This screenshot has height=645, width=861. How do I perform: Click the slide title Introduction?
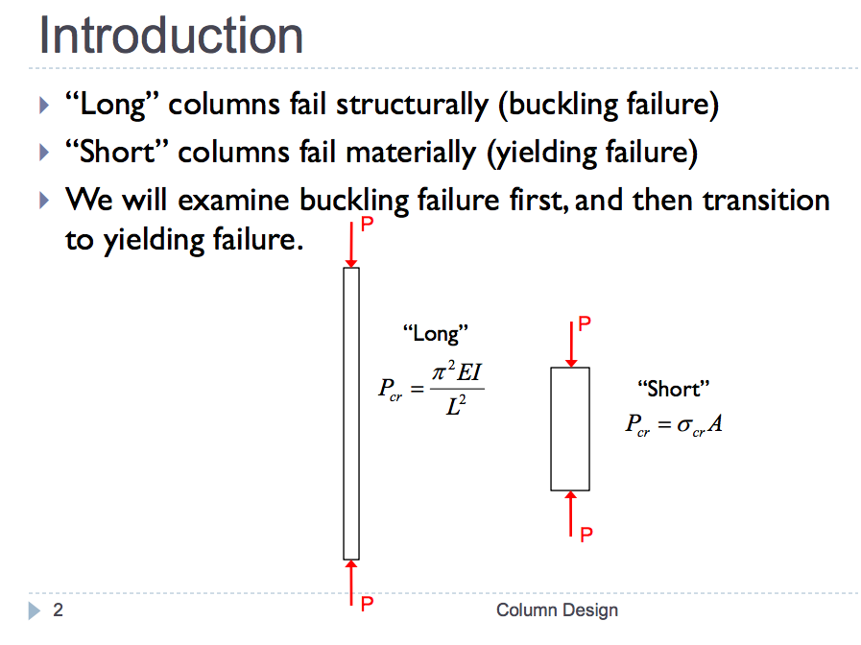pos(171,36)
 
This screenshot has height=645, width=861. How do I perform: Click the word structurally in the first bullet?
pos(412,105)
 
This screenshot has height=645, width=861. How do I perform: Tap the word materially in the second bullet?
pos(411,153)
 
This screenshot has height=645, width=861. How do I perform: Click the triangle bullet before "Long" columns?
pos(44,105)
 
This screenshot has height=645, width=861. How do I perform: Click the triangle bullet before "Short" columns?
pos(44,152)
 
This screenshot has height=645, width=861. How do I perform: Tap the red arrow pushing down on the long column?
pos(351,245)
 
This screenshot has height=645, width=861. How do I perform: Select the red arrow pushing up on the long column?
pos(351,583)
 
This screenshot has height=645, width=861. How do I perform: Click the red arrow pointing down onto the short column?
pos(571,345)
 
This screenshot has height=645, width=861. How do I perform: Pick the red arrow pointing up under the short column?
pos(571,514)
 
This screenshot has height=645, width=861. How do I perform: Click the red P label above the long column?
pos(368,224)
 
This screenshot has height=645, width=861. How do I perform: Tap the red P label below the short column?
pos(586,534)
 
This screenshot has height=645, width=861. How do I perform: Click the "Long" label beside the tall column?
pos(436,334)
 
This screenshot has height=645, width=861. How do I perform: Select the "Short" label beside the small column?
pos(673,389)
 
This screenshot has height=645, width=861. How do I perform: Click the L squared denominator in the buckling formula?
pos(456,406)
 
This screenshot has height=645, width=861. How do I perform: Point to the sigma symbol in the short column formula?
pos(684,424)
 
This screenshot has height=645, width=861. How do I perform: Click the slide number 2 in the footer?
pos(58,609)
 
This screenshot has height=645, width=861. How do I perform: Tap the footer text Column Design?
pos(558,609)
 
